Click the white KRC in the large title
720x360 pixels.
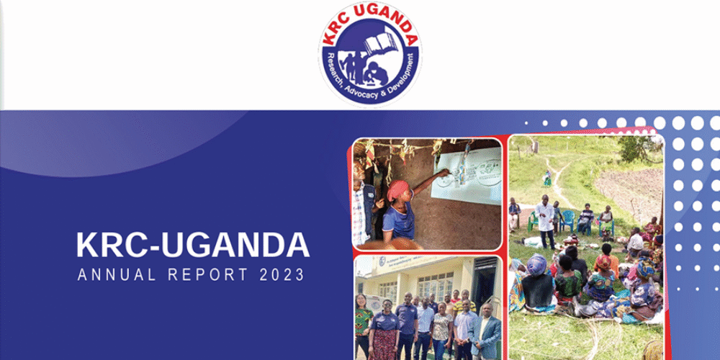pyautogui.click(x=107, y=245)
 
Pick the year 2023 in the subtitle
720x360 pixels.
pyautogui.click(x=282, y=274)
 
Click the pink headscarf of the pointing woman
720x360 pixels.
pyautogui.click(x=397, y=189)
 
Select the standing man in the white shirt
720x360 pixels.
pyautogui.click(x=546, y=220)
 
